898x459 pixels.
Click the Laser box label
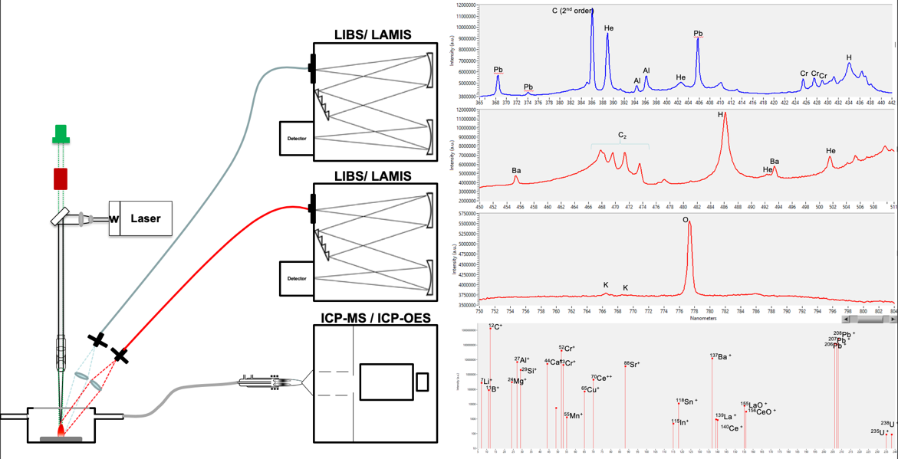pos(146,218)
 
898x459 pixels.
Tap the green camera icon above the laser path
pos(61,134)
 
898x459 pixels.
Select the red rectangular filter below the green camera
pos(61,179)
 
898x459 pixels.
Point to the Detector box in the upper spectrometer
pos(297,139)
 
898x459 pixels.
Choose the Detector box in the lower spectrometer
pos(297,279)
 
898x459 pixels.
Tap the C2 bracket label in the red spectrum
pos(623,136)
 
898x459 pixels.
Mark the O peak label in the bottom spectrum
pos(686,220)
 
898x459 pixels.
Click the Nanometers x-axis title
pos(703,318)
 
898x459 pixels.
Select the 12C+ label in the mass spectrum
pos(495,327)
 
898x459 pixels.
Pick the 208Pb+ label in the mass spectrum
pos(843,334)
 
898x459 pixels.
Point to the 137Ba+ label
pos(720,356)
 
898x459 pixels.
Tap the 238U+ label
pos(887,424)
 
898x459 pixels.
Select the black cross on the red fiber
pos(120,355)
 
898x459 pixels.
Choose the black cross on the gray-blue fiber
pos(97,339)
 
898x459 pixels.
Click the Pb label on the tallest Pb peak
pos(698,34)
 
